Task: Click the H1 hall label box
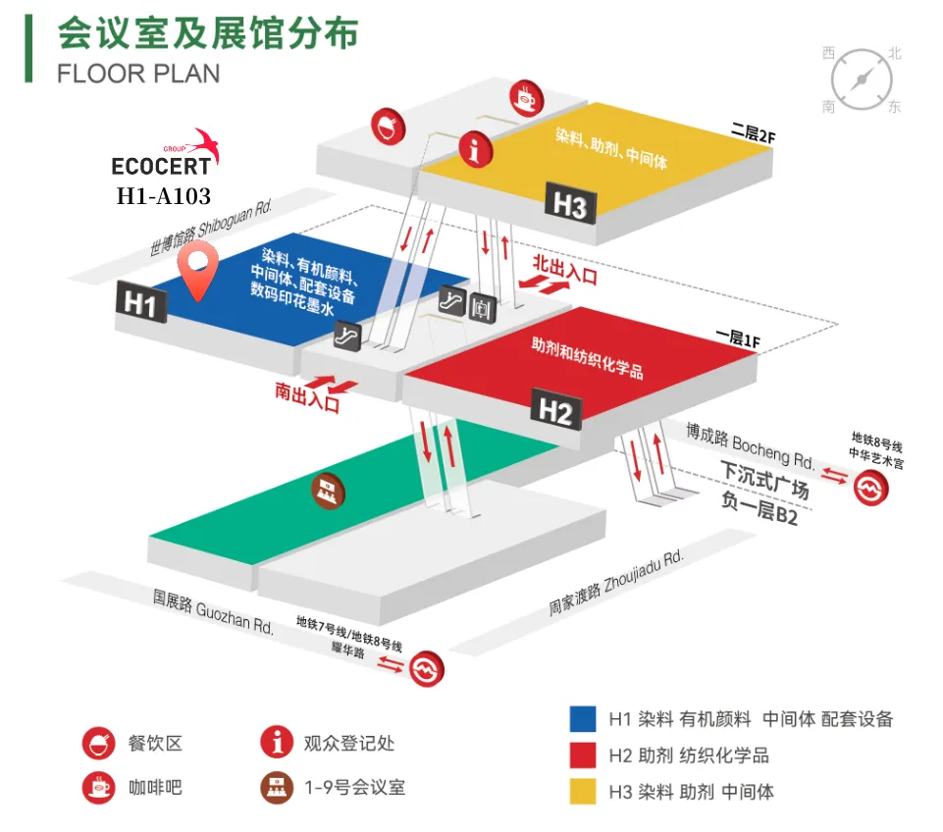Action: click(139, 303)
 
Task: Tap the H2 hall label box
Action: click(555, 411)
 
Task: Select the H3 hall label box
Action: click(570, 206)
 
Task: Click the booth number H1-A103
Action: click(163, 196)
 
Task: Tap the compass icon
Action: click(862, 78)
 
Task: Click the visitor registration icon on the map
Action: click(476, 149)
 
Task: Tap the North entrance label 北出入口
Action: click(564, 270)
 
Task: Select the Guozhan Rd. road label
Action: click(213, 610)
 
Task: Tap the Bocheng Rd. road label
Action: click(750, 444)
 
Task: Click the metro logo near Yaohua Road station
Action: click(426, 667)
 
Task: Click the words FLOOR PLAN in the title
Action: click(138, 74)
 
